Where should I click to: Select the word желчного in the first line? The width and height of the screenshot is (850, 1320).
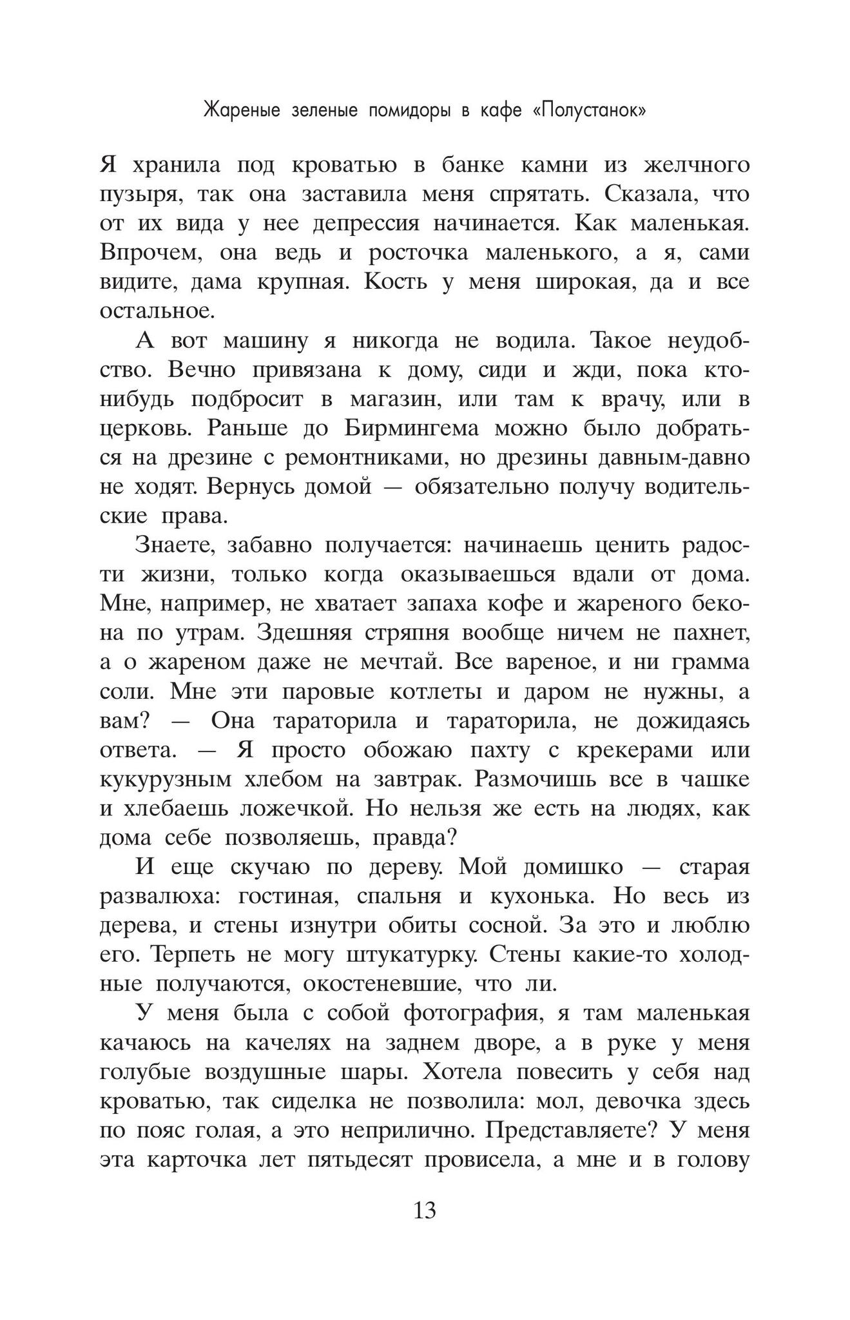coord(697,165)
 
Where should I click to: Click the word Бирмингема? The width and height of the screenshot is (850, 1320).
coord(419,429)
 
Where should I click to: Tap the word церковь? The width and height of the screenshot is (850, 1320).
coord(137,429)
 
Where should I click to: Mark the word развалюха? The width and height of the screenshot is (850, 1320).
coord(153,897)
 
